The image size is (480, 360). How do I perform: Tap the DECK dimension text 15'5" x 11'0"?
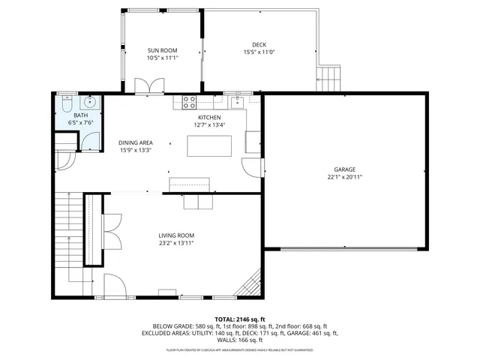coord(259,52)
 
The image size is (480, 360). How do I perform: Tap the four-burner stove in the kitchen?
coord(189,100)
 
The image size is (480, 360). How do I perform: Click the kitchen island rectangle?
coord(210,145)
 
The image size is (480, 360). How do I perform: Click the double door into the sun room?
coord(144,85)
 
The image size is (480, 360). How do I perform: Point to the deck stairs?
coord(328,76)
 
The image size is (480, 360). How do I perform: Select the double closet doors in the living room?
coord(111,230)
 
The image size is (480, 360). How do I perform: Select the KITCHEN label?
coord(209,118)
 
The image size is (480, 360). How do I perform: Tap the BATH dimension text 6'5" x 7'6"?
coord(79,122)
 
